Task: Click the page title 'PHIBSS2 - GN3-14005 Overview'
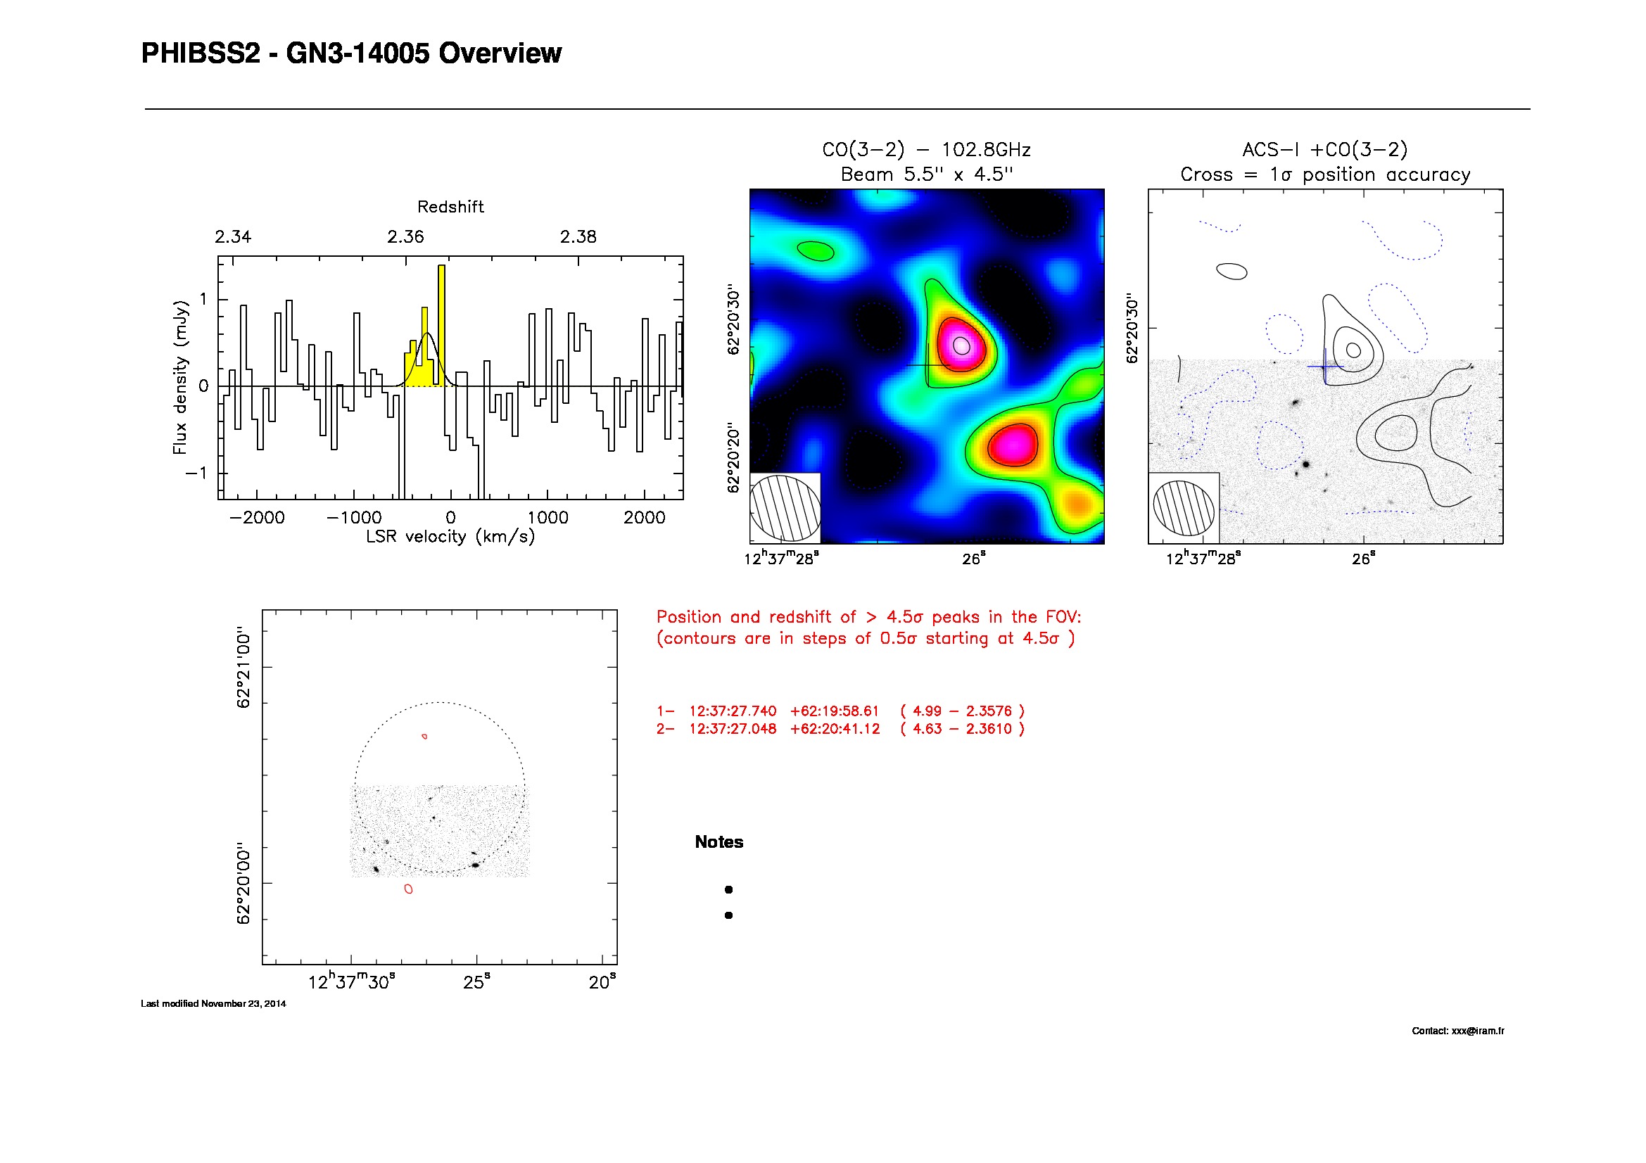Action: pyautogui.click(x=351, y=53)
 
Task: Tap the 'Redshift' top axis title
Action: pyautogui.click(x=450, y=207)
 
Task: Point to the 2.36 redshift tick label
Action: pyautogui.click(x=406, y=237)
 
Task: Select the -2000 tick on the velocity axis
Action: pyautogui.click(x=258, y=517)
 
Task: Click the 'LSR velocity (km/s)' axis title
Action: pyautogui.click(x=450, y=537)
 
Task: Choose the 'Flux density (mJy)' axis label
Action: pyautogui.click(x=180, y=377)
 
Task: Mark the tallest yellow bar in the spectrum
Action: pyautogui.click(x=442, y=326)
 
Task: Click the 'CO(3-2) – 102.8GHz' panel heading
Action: pyautogui.click(x=926, y=150)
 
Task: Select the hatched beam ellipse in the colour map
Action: pyautogui.click(x=785, y=508)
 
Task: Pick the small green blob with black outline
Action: pyautogui.click(x=816, y=250)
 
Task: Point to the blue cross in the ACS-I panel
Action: pyautogui.click(x=1326, y=367)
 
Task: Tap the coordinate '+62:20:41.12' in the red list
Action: pyautogui.click(x=835, y=729)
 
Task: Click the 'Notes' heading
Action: pyautogui.click(x=719, y=842)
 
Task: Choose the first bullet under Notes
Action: pyautogui.click(x=728, y=890)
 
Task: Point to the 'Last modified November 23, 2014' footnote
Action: pyautogui.click(x=213, y=1004)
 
